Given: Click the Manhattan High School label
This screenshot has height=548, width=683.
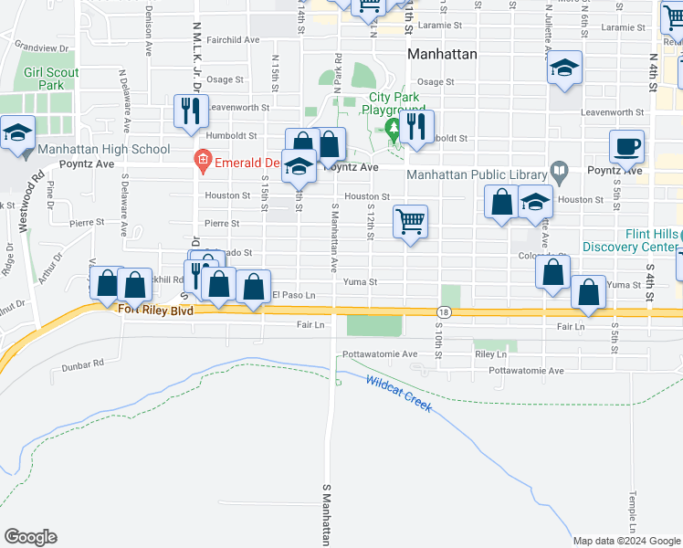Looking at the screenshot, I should click(x=103, y=149).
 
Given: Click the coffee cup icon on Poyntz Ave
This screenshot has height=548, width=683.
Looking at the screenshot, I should click(x=626, y=146).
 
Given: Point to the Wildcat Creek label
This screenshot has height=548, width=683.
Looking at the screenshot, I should click(x=398, y=393).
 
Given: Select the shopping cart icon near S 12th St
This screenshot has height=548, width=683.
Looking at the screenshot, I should click(x=411, y=221).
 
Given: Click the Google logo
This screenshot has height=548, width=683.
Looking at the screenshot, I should click(x=30, y=537).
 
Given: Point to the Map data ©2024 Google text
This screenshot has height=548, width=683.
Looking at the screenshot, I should click(x=625, y=541).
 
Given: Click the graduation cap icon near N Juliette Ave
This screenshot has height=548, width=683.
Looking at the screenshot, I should click(x=564, y=68).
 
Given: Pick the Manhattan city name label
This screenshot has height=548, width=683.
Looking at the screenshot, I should click(x=442, y=54).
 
